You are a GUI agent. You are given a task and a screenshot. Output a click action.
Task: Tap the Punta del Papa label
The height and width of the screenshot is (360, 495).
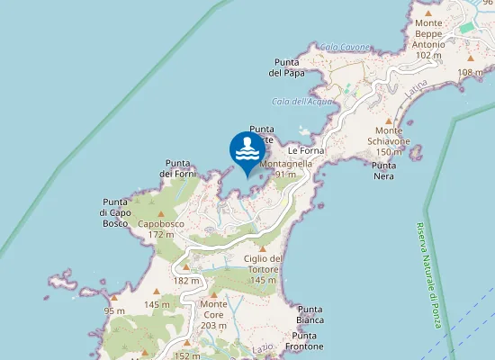tap(289, 67)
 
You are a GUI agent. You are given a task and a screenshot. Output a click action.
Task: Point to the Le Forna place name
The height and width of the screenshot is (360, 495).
tap(305, 150)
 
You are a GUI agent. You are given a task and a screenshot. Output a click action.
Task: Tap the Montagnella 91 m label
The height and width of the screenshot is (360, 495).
tap(285, 169)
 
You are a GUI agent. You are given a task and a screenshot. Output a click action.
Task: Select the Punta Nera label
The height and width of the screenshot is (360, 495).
tap(384, 171)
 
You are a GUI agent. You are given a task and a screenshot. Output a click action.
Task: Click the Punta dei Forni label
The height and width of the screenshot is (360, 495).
tap(177, 168)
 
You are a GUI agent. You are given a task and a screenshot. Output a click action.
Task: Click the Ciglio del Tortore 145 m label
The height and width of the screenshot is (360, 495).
tap(263, 269)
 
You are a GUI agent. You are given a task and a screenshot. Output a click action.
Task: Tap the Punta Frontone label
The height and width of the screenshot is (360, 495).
tap(304, 341)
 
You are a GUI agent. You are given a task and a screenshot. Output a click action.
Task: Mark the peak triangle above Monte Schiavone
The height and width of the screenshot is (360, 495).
tap(388, 121)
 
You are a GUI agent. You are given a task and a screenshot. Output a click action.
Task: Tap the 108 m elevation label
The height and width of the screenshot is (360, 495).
tap(476, 72)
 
